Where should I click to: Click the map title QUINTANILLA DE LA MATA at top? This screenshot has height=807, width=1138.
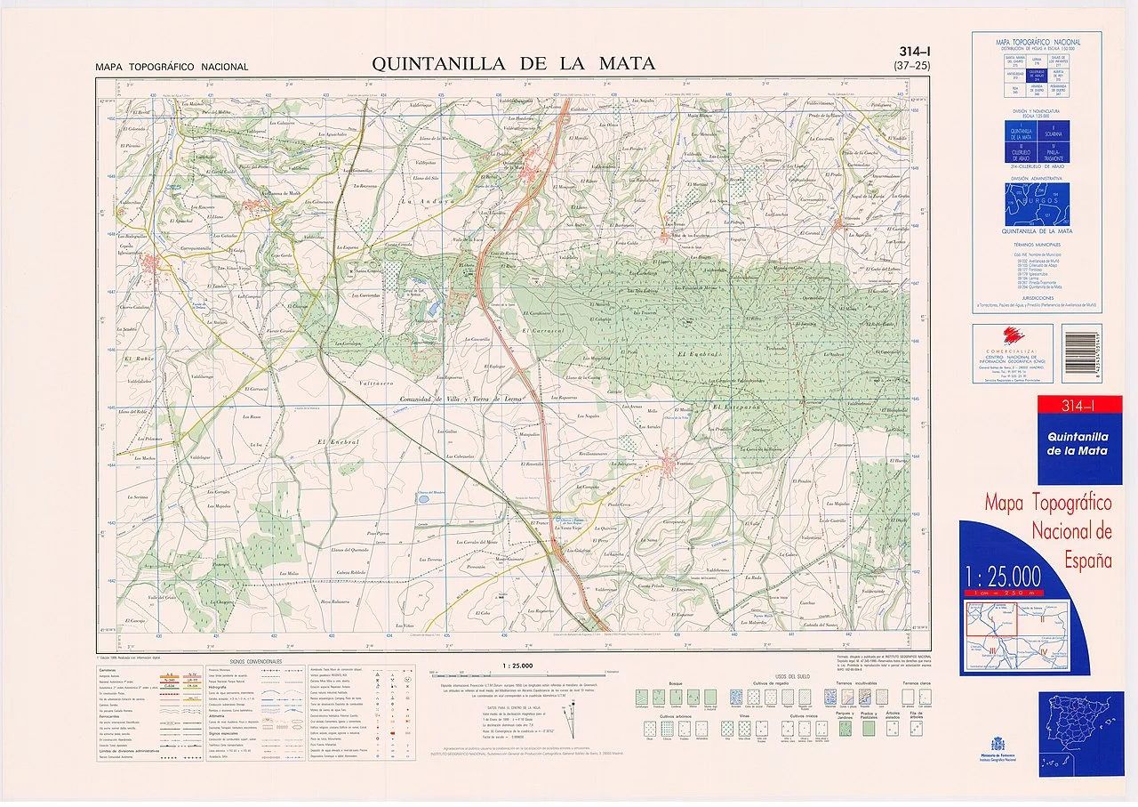tap(513, 63)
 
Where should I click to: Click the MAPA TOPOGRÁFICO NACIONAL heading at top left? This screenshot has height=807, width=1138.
tap(172, 68)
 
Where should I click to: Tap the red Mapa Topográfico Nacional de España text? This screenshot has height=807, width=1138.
tap(1048, 532)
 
